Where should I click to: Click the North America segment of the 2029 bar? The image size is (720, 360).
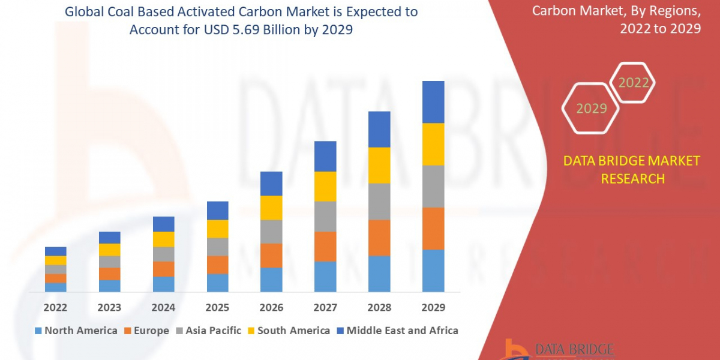tap(433, 271)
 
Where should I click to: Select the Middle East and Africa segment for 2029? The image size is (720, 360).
tap(433, 102)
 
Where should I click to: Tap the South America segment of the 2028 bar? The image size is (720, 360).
tap(379, 165)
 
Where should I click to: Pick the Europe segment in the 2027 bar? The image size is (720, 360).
tap(325, 246)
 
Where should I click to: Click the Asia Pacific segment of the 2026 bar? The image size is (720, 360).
tap(271, 232)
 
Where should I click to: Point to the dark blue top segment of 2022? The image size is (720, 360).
tap(56, 251)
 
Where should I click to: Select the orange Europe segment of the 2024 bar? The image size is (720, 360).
tap(163, 269)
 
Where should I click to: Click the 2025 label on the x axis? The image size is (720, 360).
tap(217, 307)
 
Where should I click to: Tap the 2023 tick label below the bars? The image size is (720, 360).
tap(109, 307)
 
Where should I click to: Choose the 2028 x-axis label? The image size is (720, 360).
tap(379, 307)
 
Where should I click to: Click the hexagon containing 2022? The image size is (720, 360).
tap(633, 83)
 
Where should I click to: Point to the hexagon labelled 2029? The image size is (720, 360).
tap(591, 109)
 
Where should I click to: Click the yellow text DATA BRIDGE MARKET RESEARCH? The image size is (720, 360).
tap(632, 169)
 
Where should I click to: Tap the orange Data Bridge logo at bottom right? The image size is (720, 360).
tap(513, 350)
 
